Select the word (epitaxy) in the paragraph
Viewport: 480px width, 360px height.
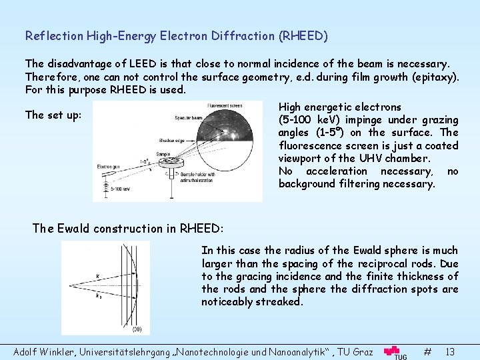(x=432, y=77)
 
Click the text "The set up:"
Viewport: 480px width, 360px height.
(x=53, y=115)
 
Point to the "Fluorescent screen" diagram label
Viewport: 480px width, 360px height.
(x=224, y=105)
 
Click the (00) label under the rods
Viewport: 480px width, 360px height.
(x=136, y=329)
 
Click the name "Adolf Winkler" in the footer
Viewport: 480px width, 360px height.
(x=43, y=351)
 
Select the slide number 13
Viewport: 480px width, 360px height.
(x=450, y=351)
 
